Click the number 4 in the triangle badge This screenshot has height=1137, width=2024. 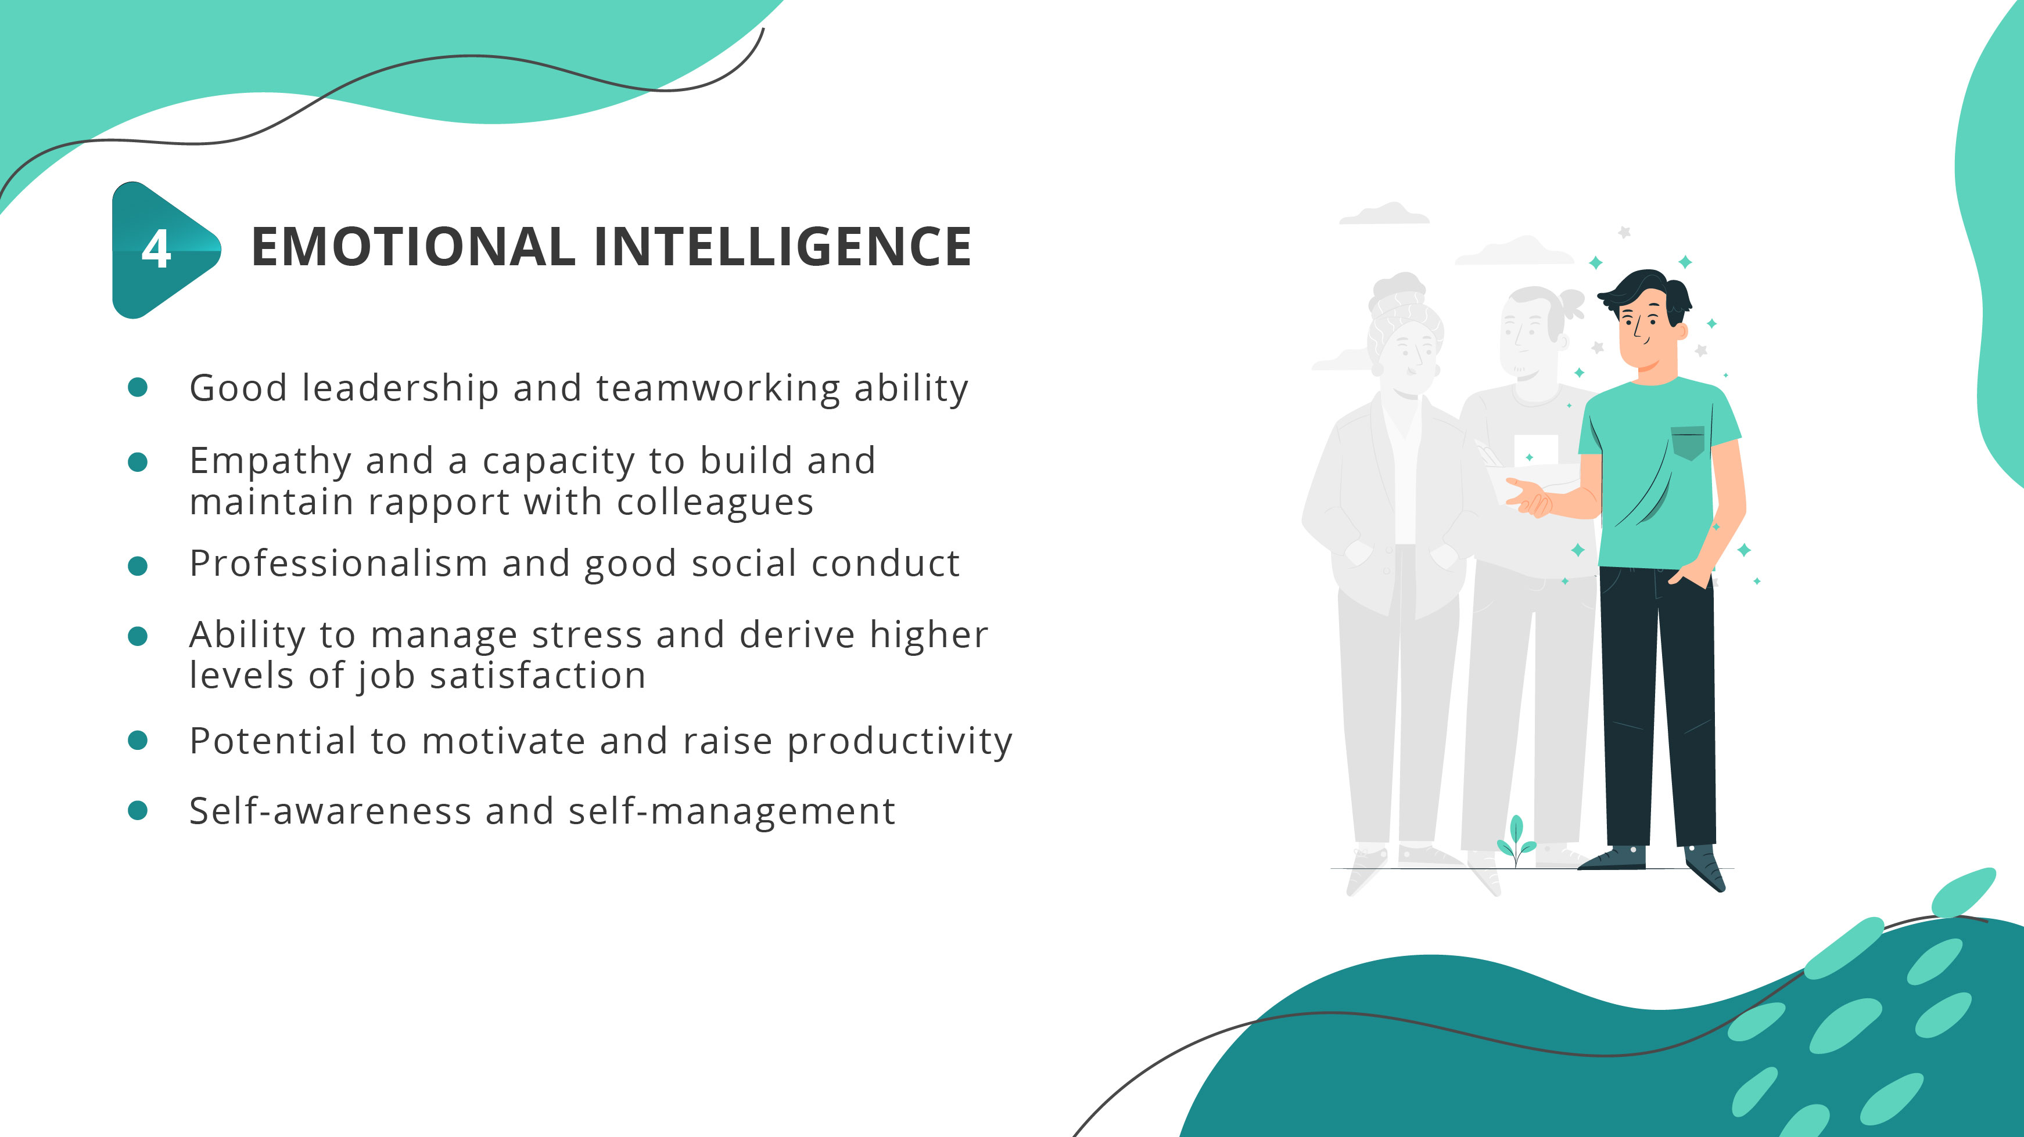click(156, 250)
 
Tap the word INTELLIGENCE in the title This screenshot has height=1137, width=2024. click(783, 247)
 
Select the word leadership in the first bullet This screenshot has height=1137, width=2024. click(400, 388)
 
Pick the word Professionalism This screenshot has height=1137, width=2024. click(339, 564)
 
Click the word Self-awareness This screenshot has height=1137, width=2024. click(330, 811)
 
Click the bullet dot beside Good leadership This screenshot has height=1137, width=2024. click(138, 387)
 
